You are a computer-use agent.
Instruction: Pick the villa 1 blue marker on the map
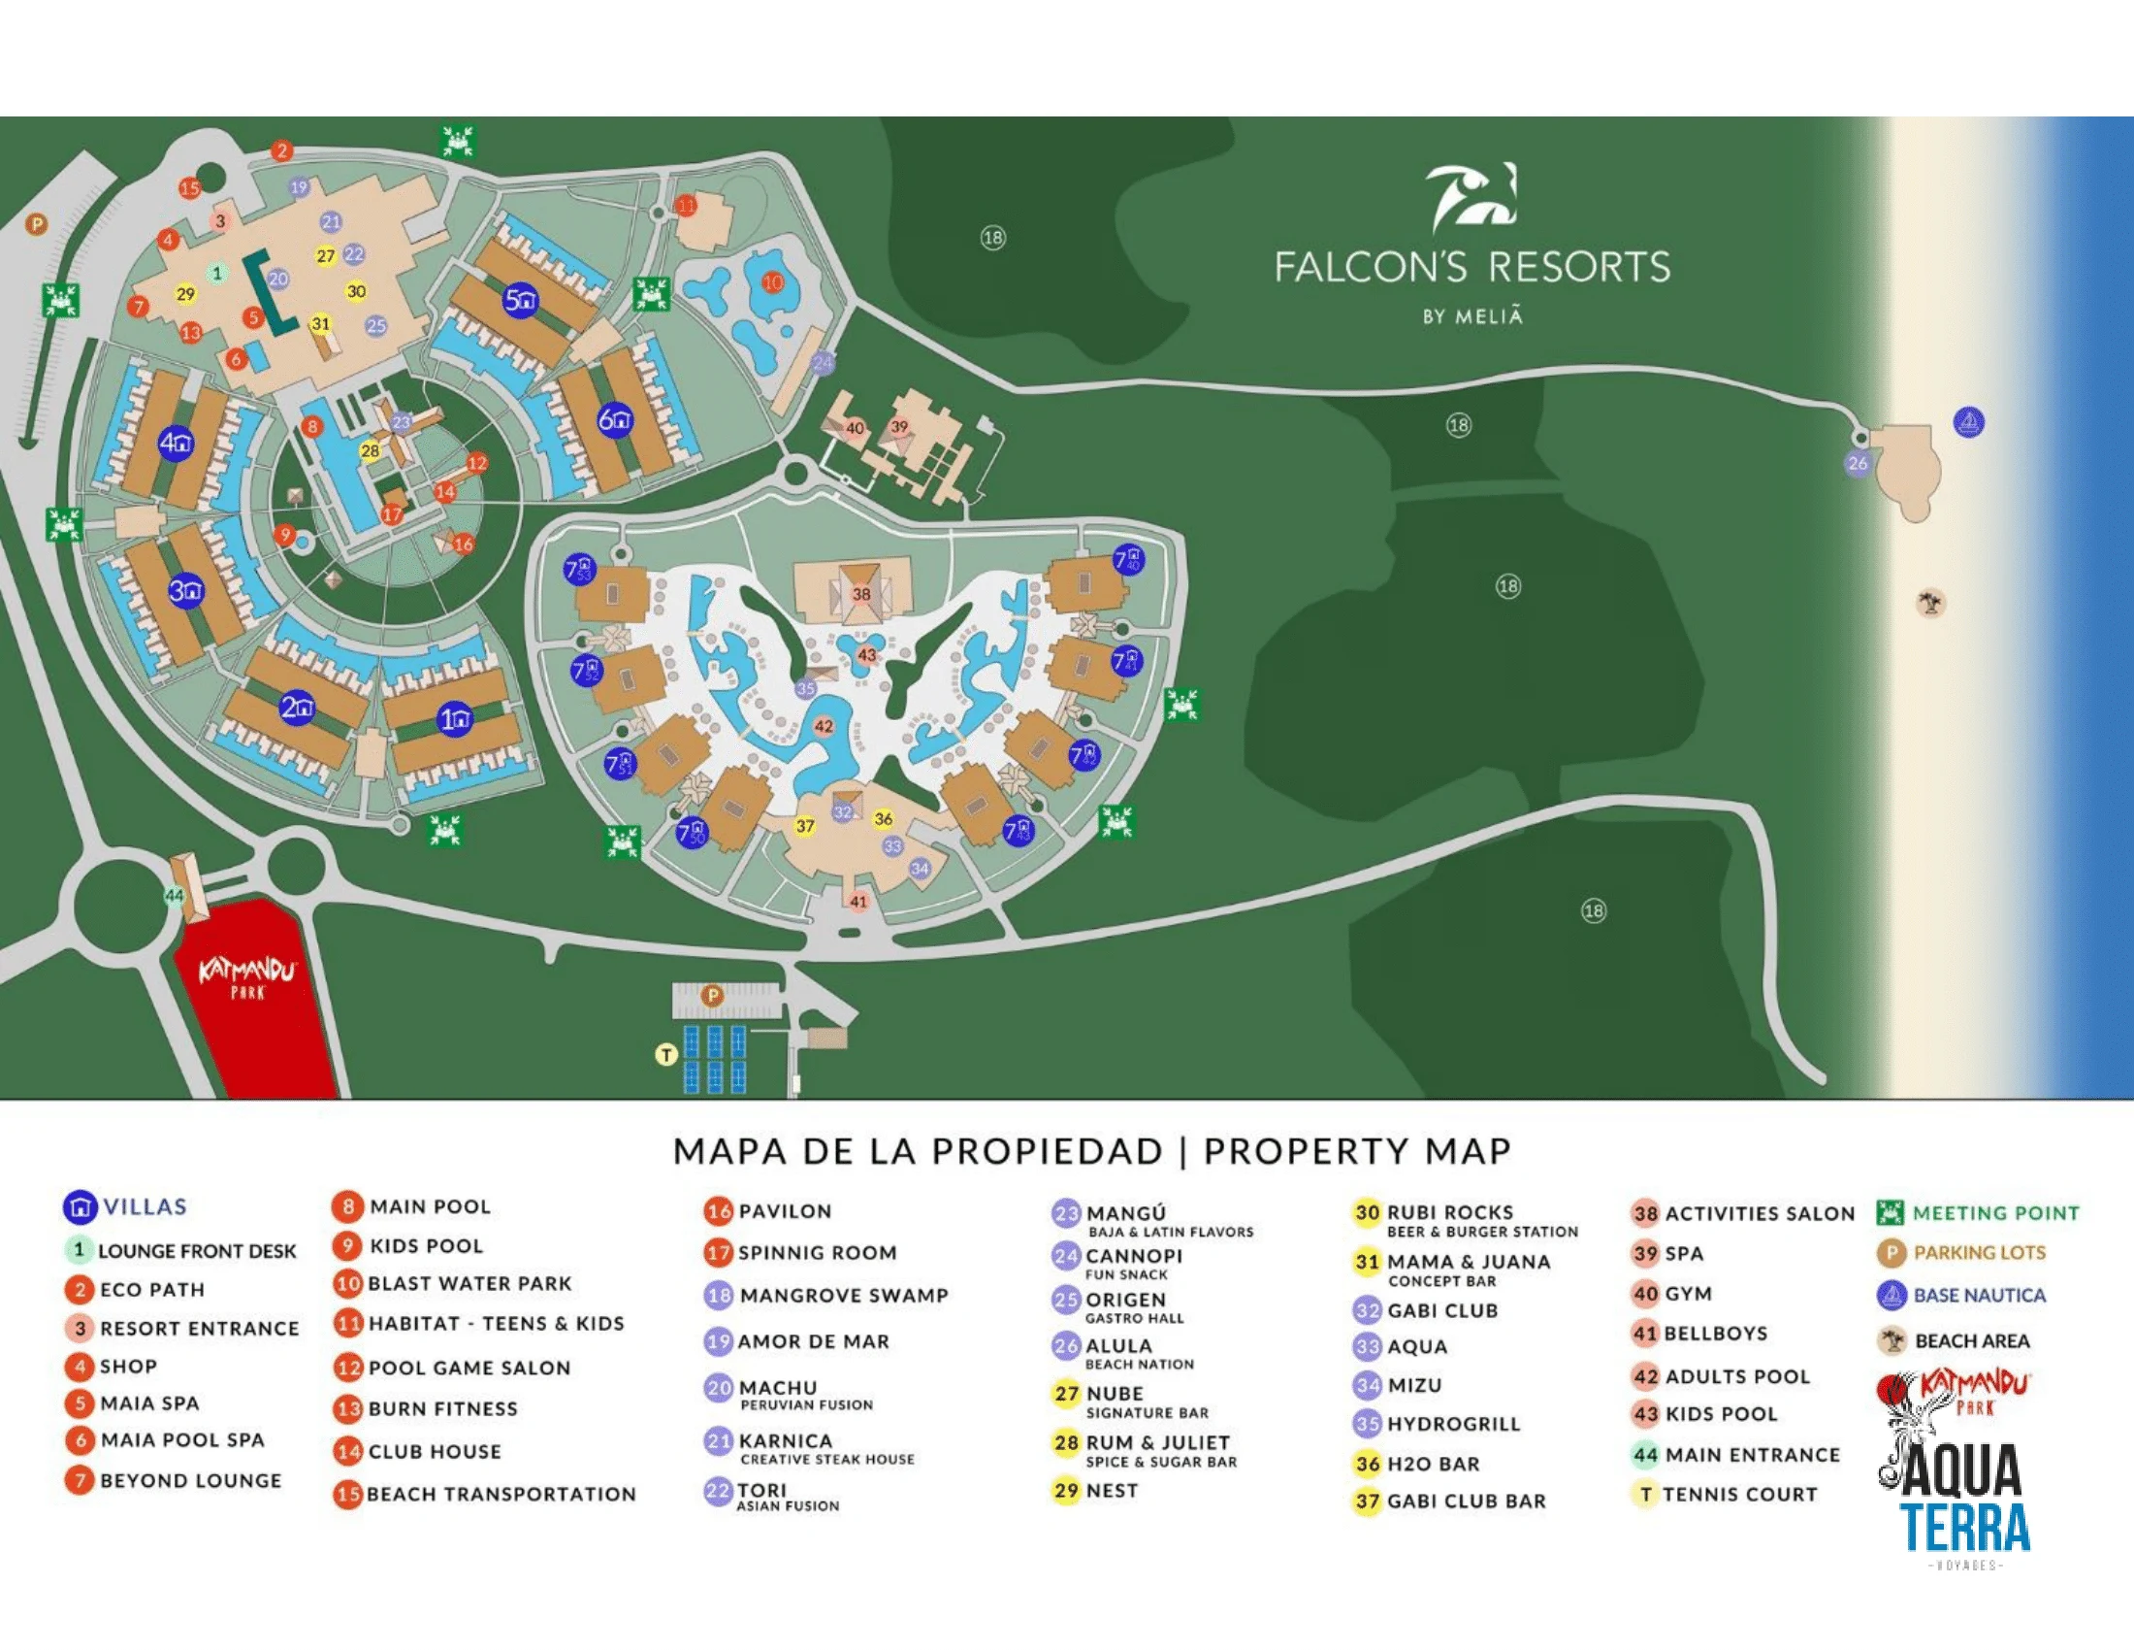click(x=455, y=720)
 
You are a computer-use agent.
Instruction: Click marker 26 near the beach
click(x=1858, y=463)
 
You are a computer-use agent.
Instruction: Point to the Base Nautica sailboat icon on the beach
click(x=1968, y=422)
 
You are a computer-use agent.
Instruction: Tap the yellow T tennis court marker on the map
click(x=666, y=1055)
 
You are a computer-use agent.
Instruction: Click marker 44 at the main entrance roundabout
click(x=174, y=896)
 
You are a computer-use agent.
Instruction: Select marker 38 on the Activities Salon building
click(x=860, y=593)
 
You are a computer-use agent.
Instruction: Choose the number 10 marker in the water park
click(x=773, y=282)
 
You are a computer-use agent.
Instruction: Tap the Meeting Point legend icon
click(x=1891, y=1213)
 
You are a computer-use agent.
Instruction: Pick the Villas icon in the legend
click(x=81, y=1207)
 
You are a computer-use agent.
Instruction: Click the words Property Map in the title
click(x=1357, y=1150)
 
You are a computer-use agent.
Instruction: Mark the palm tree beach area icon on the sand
click(x=1929, y=602)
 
